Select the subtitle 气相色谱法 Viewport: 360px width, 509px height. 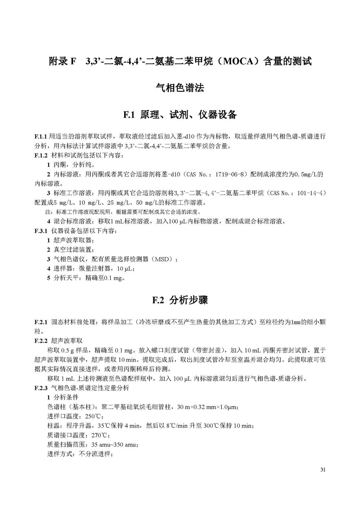point(180,88)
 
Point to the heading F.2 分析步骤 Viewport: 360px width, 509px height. point(180,300)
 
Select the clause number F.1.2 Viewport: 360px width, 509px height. point(41,155)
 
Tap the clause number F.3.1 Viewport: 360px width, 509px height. point(41,231)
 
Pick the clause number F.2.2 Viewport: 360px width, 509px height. point(41,341)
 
